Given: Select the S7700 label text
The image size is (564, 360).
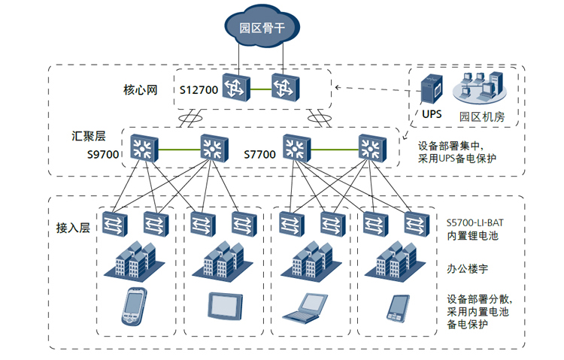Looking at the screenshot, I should pyautogui.click(x=259, y=154).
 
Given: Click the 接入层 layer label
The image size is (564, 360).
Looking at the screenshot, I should pyautogui.click(x=73, y=227).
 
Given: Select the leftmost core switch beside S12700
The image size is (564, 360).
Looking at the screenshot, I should pyautogui.click(x=234, y=89).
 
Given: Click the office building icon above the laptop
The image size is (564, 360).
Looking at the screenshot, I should pyautogui.click(x=308, y=260).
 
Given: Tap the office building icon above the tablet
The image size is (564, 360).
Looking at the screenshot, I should pyautogui.click(x=223, y=260).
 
